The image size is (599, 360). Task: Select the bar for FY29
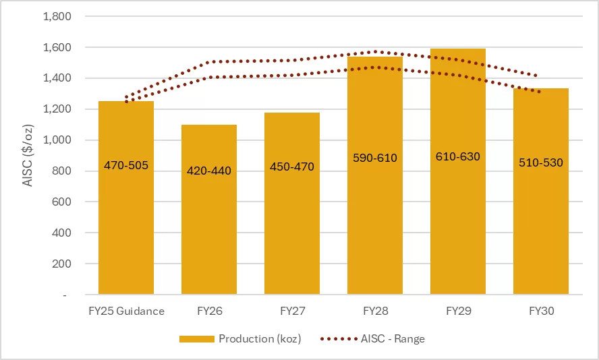point(457,216)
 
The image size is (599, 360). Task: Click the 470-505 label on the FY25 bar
point(126,164)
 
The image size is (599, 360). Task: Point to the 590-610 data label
point(374,158)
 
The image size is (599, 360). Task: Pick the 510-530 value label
point(540,162)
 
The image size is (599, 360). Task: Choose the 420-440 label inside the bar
point(208,171)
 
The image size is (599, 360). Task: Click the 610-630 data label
point(457,156)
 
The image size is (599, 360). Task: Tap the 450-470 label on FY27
point(291,167)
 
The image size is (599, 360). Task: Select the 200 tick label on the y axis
point(62,264)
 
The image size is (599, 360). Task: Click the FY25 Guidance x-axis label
point(126,311)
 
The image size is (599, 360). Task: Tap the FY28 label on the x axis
point(374,311)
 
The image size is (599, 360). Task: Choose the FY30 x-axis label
point(540,311)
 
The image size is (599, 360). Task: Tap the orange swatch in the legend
point(196,339)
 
